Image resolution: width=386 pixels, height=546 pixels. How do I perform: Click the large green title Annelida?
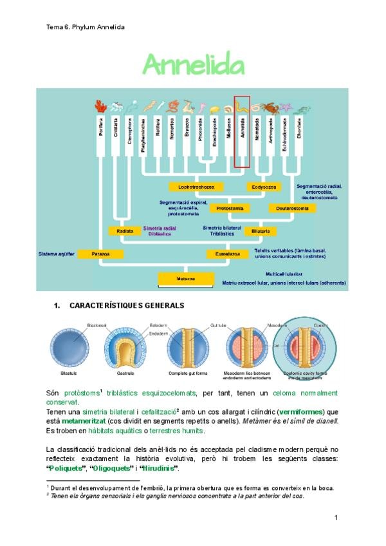pyautogui.click(x=194, y=65)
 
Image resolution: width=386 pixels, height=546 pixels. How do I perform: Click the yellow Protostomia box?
pyautogui.click(x=230, y=209)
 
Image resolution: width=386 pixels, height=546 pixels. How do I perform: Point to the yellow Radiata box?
pyautogui.click(x=125, y=231)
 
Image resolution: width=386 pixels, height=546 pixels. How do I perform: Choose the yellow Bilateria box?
pyautogui.click(x=261, y=231)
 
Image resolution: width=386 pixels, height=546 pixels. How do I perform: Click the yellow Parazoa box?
pyautogui.click(x=98, y=254)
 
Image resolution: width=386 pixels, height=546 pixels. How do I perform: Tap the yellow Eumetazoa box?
pyautogui.click(x=227, y=254)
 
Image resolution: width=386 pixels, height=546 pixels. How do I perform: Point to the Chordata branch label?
pyautogui.click(x=299, y=127)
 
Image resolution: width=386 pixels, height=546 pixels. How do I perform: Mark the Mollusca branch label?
pyautogui.click(x=228, y=127)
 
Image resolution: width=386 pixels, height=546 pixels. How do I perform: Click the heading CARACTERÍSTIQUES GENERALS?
pyautogui.click(x=126, y=305)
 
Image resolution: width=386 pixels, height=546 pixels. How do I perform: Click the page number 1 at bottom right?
pyautogui.click(x=336, y=518)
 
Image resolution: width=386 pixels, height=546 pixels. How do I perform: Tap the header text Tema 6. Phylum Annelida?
pyautogui.click(x=86, y=27)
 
